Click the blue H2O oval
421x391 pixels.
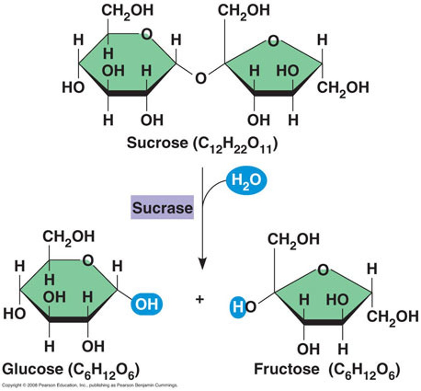246,180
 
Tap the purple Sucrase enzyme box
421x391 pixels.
162,208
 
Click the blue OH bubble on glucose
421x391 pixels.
146,304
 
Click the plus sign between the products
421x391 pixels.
200,299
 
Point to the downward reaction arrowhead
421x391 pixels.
203,263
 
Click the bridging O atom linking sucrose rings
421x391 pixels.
201,78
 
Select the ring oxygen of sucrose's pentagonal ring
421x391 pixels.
273,41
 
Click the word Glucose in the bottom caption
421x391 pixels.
33,369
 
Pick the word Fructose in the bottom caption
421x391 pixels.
287,369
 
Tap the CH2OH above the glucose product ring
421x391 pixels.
68,237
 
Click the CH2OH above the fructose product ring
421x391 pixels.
293,239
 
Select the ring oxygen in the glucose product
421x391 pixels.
88,260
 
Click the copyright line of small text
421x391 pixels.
90,385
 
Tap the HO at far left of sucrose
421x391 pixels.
73,87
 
